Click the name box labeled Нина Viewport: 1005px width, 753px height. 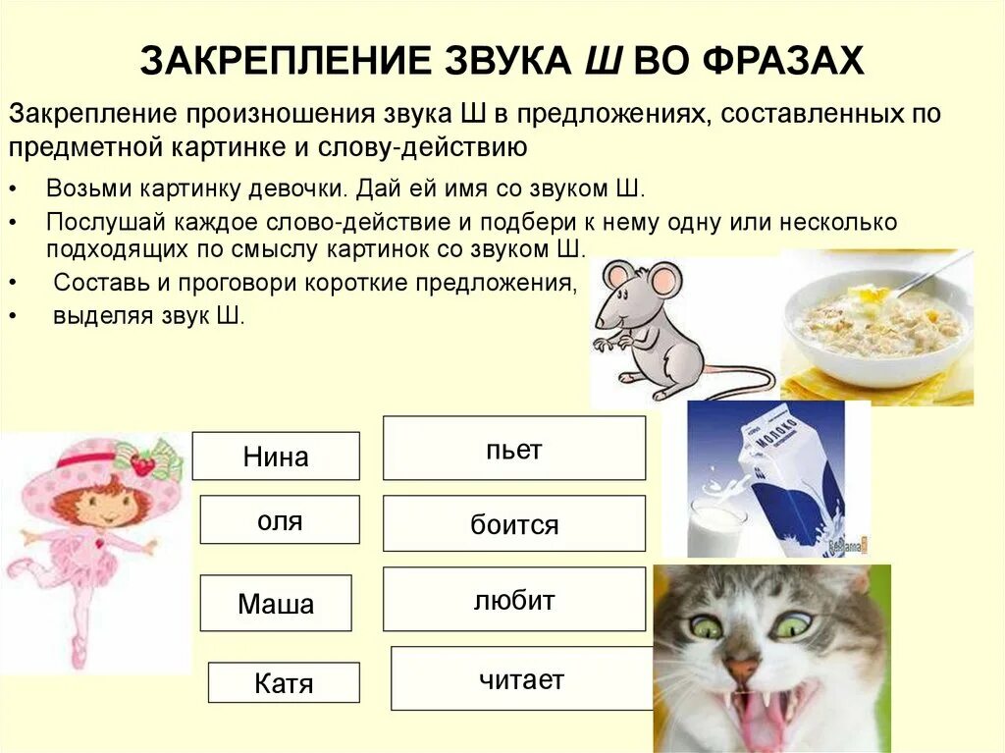click(275, 457)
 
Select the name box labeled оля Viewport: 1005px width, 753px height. click(280, 519)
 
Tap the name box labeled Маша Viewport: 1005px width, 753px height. click(276, 603)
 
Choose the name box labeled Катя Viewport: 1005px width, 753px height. click(284, 682)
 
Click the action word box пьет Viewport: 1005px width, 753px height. click(513, 449)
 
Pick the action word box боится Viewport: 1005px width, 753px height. click(513, 523)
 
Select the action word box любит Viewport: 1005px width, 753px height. click(513, 599)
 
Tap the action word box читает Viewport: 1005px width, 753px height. click(521, 678)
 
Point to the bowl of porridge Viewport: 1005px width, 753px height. click(878, 324)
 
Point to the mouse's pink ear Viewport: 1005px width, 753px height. click(663, 281)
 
